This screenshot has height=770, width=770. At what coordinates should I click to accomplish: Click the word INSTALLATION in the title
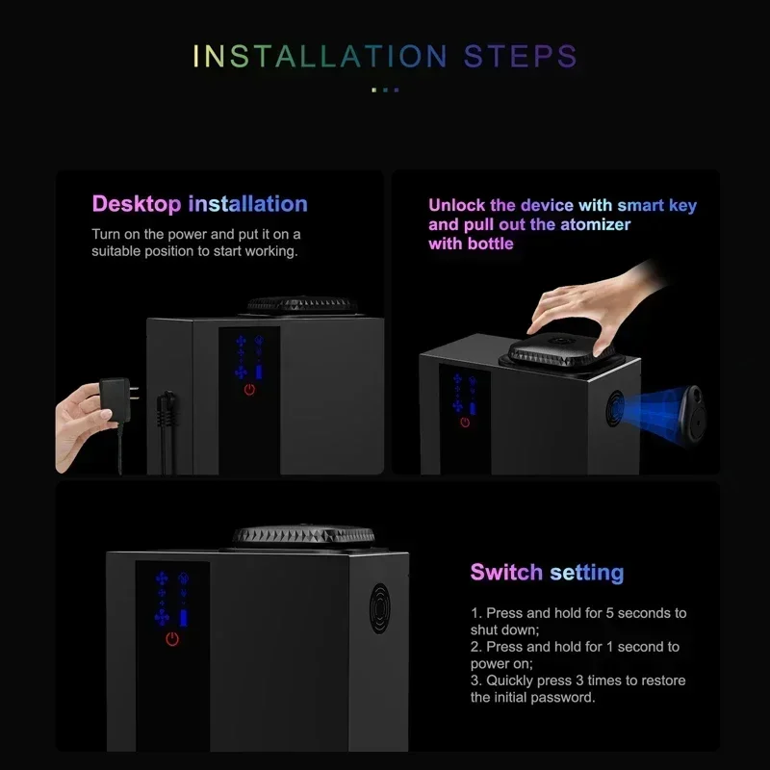[321, 56]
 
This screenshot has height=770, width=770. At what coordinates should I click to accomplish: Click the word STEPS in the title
[520, 56]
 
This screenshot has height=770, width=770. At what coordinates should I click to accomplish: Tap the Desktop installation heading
[199, 204]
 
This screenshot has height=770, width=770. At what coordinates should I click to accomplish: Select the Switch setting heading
[547, 573]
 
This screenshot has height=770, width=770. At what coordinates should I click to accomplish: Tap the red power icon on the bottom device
[172, 639]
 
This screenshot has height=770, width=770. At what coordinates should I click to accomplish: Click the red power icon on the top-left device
[249, 390]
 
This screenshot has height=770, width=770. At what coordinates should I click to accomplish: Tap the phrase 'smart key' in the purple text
[656, 205]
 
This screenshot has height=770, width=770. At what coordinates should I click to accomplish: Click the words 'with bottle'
[471, 244]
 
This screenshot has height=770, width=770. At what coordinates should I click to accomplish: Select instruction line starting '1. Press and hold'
[577, 621]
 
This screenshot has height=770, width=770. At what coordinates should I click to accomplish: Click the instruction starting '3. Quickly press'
[577, 688]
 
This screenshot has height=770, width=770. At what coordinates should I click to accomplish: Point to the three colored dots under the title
[385, 90]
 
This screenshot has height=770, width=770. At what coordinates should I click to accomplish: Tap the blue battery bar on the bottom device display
[183, 617]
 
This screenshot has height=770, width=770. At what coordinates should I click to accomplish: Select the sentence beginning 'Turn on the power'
[195, 243]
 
